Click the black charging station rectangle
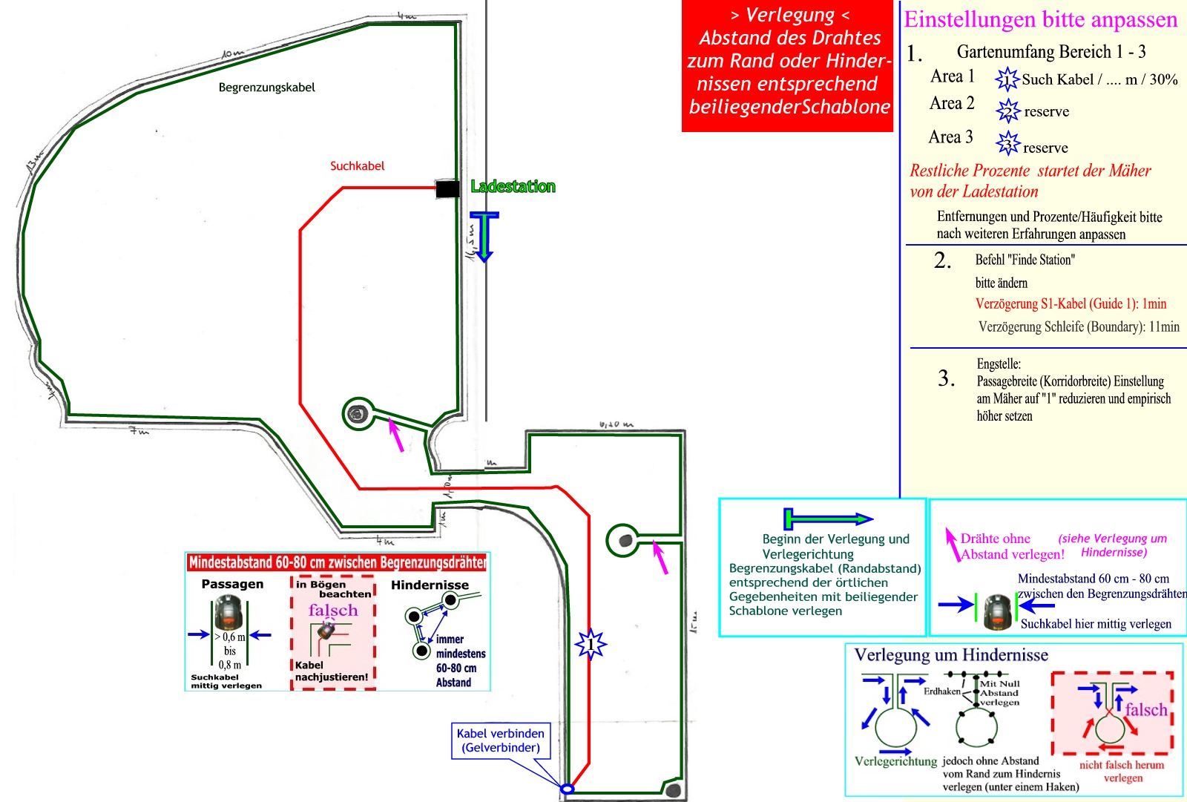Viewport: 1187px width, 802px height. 447,189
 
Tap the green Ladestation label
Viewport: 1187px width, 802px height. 513,186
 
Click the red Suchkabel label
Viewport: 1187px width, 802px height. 357,166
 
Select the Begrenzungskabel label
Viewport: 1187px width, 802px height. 266,88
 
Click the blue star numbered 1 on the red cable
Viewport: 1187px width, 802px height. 591,644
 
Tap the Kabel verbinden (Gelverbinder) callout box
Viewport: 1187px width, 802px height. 501,740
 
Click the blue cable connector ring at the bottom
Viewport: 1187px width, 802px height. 567,789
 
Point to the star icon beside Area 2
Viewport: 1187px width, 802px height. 1007,111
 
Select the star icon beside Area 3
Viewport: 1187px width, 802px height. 1007,143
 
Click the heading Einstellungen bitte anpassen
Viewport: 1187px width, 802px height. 1040,19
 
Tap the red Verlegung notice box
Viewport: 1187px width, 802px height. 788,67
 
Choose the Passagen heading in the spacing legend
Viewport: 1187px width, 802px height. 232,584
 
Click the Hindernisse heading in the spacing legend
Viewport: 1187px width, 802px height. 430,585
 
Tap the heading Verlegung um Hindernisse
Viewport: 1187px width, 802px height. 951,655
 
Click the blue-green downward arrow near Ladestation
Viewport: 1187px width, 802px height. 484,237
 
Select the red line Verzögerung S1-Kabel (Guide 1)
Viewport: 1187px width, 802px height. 1071,303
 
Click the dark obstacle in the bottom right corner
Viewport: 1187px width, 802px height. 673,789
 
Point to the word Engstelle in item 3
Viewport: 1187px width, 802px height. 999,364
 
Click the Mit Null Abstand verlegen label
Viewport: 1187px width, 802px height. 999,693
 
